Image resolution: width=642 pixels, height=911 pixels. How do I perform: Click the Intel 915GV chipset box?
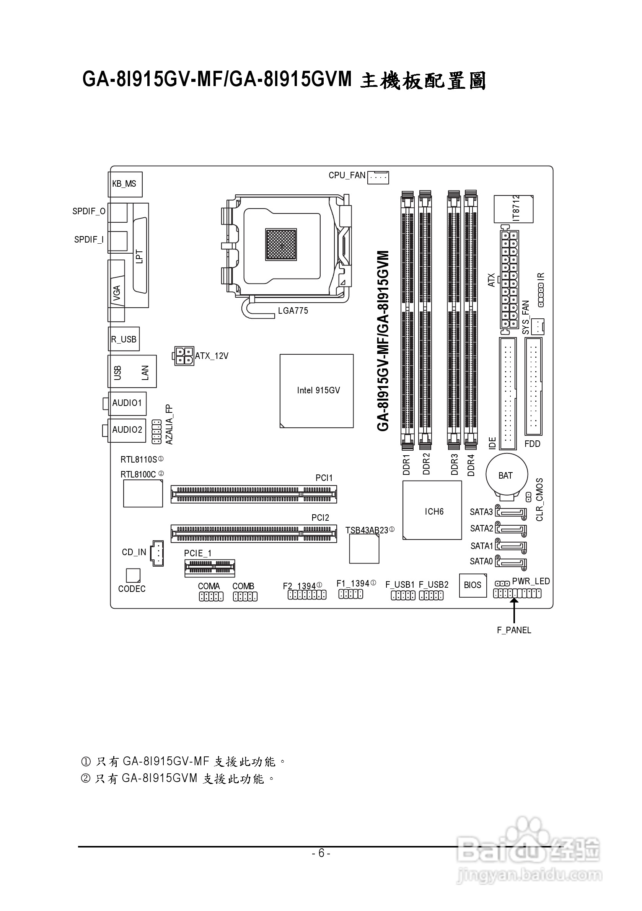(x=316, y=391)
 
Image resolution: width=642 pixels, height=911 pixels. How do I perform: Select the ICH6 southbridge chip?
(x=432, y=510)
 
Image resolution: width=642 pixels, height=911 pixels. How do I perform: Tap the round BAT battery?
(x=507, y=474)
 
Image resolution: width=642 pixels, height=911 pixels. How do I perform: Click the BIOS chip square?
(x=473, y=585)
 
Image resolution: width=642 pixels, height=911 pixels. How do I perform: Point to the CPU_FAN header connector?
(x=378, y=178)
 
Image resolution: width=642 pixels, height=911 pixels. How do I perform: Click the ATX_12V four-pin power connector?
(x=183, y=356)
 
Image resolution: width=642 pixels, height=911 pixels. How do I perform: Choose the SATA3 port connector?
(x=511, y=513)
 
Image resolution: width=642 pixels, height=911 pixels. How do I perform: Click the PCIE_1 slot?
(x=210, y=569)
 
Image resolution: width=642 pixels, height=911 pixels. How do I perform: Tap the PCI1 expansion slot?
(x=254, y=494)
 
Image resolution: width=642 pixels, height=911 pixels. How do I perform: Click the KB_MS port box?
(x=125, y=184)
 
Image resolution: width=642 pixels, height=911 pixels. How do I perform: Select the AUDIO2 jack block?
(x=128, y=430)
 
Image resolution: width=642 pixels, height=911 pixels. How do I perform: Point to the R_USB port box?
(x=124, y=339)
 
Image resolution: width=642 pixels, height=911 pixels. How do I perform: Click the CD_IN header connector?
(x=157, y=553)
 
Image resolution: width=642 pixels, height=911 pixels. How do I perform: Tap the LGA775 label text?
(x=293, y=311)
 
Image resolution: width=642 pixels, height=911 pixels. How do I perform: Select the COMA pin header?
(x=211, y=597)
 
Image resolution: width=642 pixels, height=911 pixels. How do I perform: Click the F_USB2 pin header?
(x=431, y=596)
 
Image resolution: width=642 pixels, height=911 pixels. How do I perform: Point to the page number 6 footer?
(x=321, y=853)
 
